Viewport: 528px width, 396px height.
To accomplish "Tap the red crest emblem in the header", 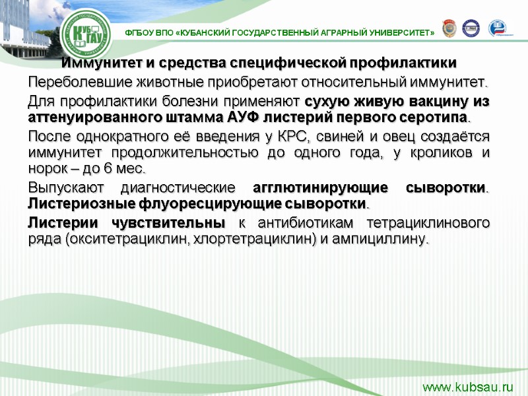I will click(x=449, y=28).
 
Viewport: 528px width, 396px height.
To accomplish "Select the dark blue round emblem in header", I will click(x=471, y=28).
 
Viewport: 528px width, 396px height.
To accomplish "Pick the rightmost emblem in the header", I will click(x=497, y=28).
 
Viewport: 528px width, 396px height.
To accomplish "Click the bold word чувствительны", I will click(x=178, y=222).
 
